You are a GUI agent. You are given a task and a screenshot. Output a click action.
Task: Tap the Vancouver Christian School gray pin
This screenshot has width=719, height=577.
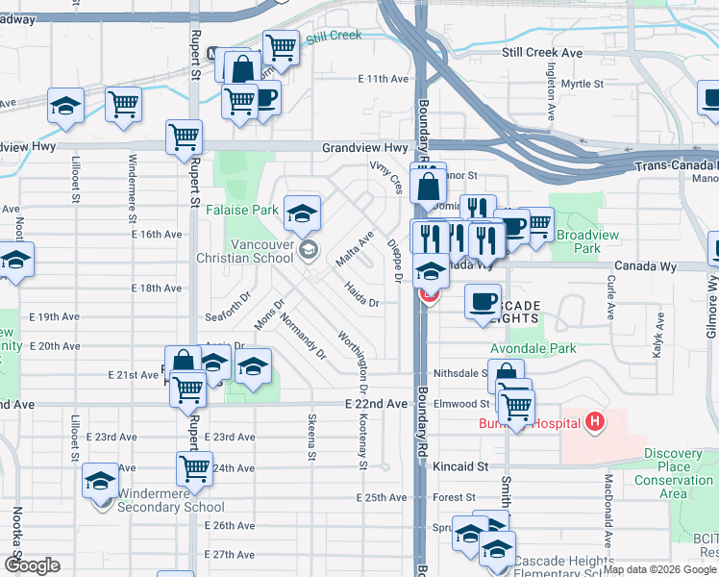309,252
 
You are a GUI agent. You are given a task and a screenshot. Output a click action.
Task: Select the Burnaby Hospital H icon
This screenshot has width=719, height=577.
596,421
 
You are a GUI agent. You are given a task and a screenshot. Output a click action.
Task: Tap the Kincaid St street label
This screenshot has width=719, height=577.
461,466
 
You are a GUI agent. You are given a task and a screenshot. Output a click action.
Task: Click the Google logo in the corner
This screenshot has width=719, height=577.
32,565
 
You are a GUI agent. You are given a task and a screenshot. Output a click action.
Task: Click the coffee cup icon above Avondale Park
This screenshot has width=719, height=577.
483,301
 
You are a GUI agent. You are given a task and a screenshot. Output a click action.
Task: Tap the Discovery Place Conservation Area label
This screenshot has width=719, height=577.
680,466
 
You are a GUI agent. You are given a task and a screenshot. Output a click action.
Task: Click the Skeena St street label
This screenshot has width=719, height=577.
310,438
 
